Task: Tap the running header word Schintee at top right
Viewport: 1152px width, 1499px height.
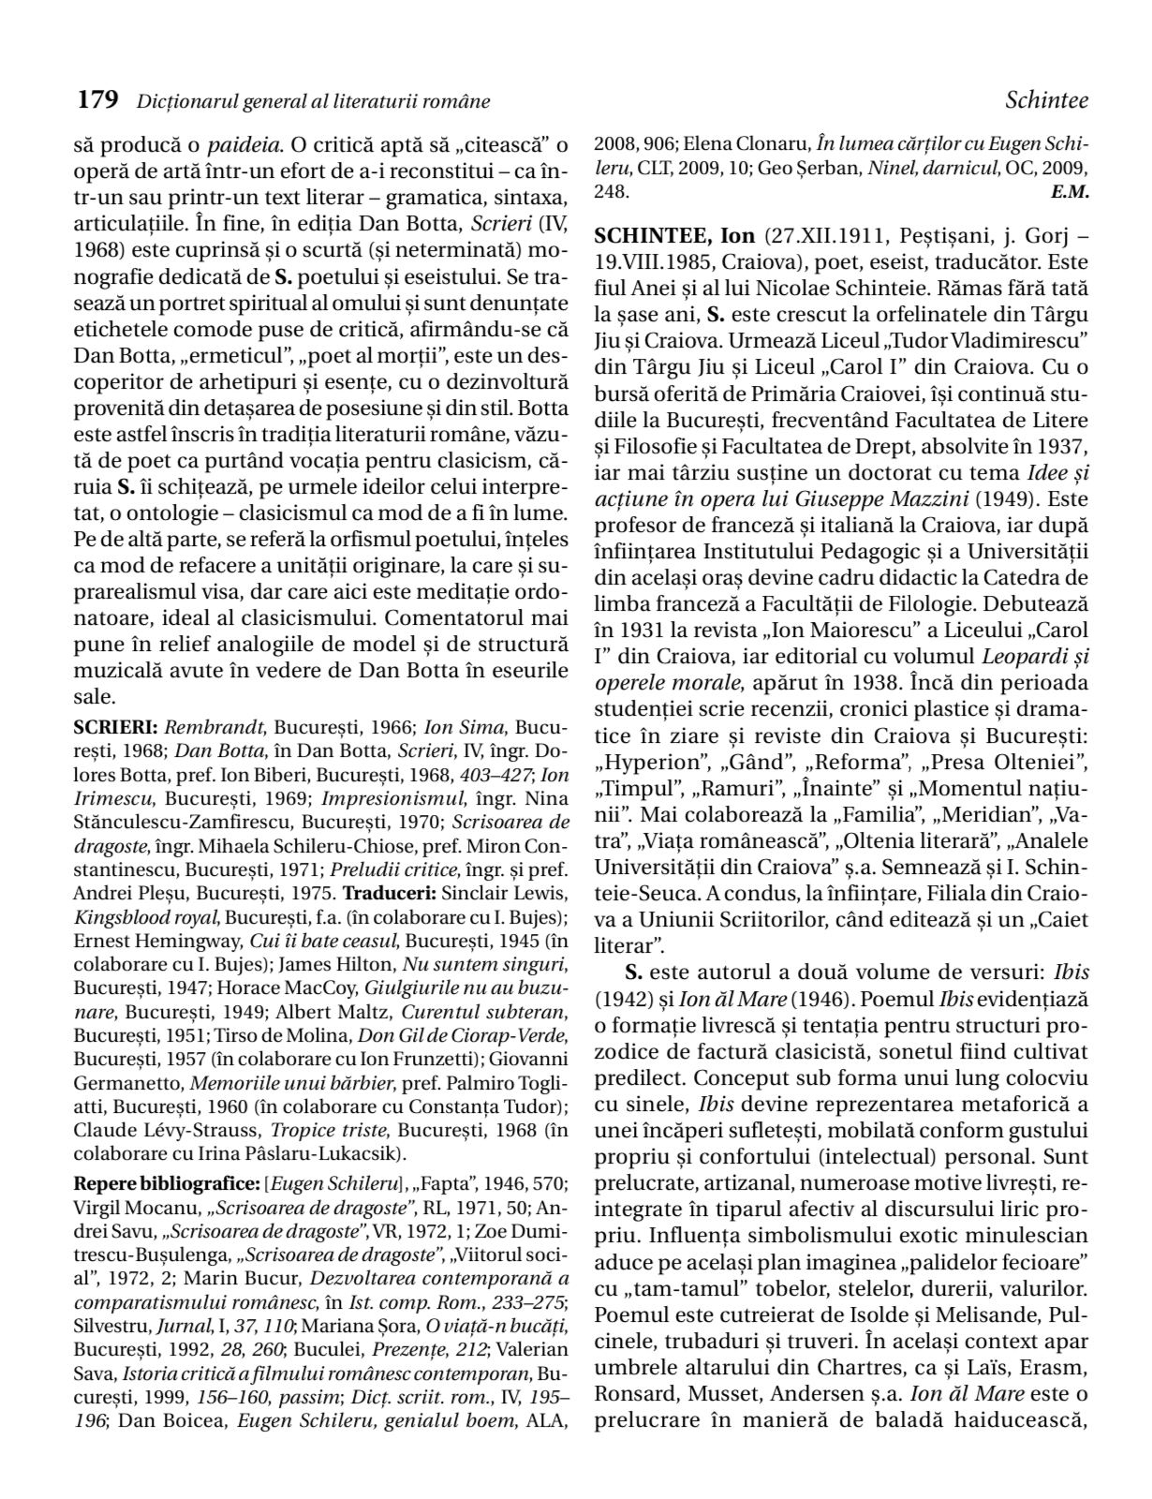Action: [x=1046, y=99]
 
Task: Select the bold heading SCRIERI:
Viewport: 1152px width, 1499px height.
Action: [x=117, y=726]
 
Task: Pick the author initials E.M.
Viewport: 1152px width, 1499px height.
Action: [x=1070, y=191]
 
